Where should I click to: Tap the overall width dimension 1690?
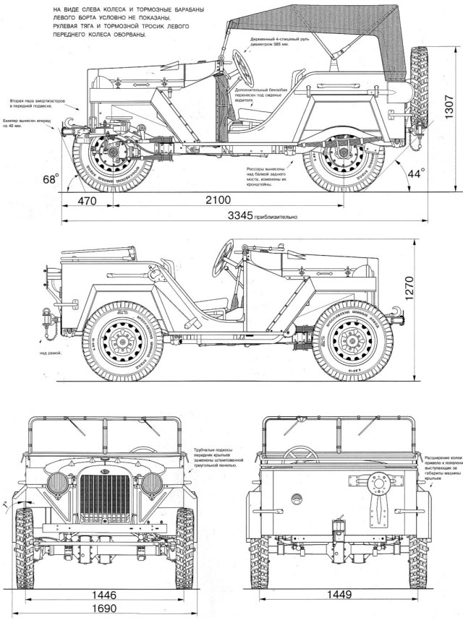(x=105, y=608)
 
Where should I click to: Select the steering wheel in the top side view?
(x=245, y=67)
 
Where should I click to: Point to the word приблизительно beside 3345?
(x=272, y=217)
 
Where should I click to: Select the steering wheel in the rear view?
(x=300, y=454)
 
